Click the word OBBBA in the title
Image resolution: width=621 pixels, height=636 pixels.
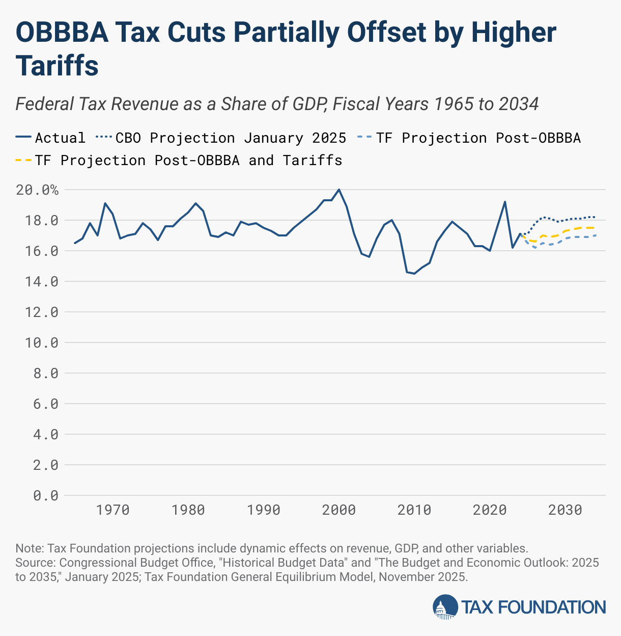click(62, 33)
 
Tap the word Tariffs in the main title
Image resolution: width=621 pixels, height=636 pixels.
click(57, 66)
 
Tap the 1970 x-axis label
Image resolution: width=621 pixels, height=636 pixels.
click(112, 510)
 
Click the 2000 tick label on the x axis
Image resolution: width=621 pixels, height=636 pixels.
click(339, 510)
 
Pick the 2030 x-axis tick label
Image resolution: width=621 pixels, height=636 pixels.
click(565, 510)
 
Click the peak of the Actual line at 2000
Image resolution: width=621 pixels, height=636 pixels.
click(339, 190)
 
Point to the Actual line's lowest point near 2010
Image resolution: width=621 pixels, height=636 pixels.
click(414, 274)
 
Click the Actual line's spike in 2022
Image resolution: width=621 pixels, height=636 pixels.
click(505, 202)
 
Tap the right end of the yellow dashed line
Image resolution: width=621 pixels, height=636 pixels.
click(595, 228)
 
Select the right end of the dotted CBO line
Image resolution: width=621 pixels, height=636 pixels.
click(595, 217)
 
